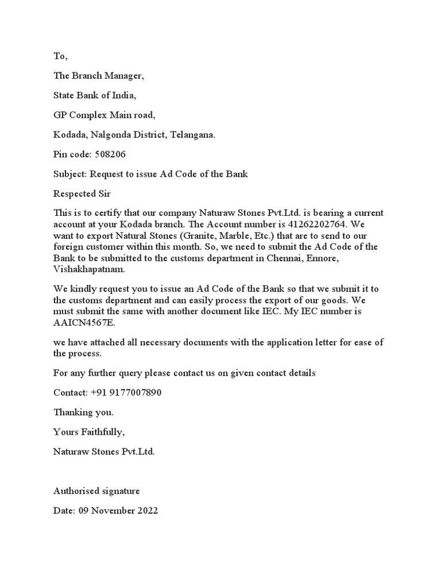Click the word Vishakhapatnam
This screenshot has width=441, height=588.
tap(88, 269)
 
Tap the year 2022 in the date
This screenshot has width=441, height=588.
tap(147, 510)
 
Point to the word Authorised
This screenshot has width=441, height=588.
tap(75, 491)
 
